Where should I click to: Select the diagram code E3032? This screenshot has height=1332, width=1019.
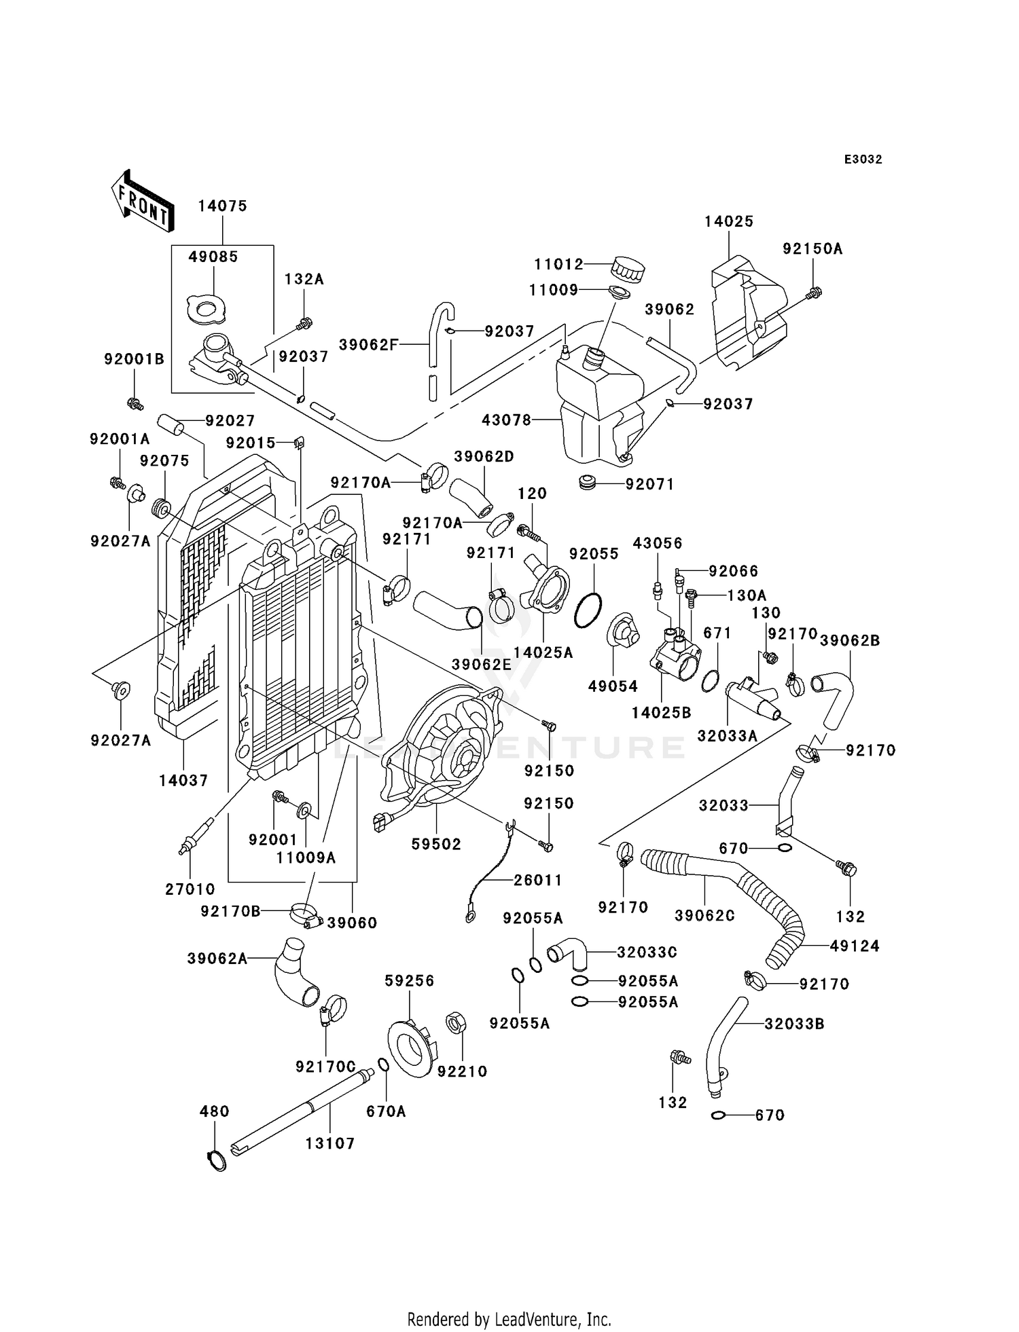click(863, 160)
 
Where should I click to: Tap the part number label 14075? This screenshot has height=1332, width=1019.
click(223, 206)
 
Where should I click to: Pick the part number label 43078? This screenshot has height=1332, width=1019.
click(506, 420)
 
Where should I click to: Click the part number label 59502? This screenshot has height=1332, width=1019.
click(436, 844)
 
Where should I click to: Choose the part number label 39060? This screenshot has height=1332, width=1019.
click(352, 923)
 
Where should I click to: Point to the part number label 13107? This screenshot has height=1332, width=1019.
click(330, 1144)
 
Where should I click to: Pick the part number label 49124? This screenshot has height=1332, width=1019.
click(855, 946)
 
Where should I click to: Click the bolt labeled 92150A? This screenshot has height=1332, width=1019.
click(812, 293)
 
